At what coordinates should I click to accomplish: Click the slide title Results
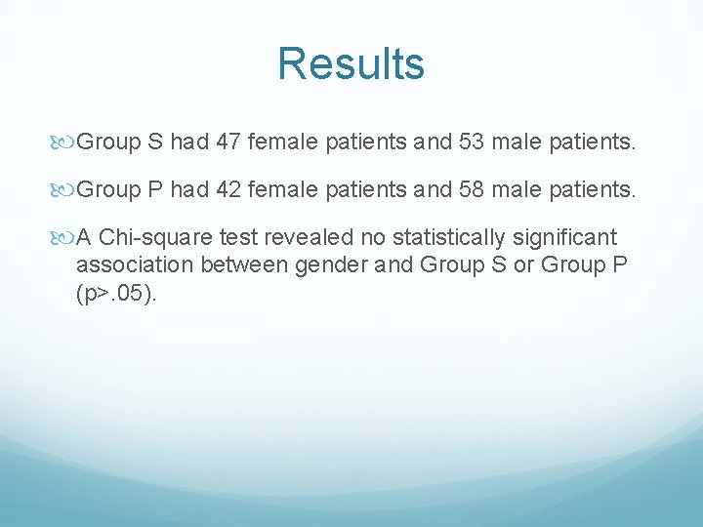[351, 64]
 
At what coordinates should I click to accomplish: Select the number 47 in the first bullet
[228, 143]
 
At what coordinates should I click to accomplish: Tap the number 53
[470, 143]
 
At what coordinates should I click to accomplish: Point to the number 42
[228, 189]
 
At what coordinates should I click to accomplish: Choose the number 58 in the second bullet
[470, 189]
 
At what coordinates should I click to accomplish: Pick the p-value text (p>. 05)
[115, 294]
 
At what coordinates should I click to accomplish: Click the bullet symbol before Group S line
[65, 143]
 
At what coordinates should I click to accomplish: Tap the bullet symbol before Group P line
[65, 189]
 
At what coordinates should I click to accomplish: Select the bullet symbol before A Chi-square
[65, 236]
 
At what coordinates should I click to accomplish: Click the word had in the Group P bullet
[188, 189]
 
